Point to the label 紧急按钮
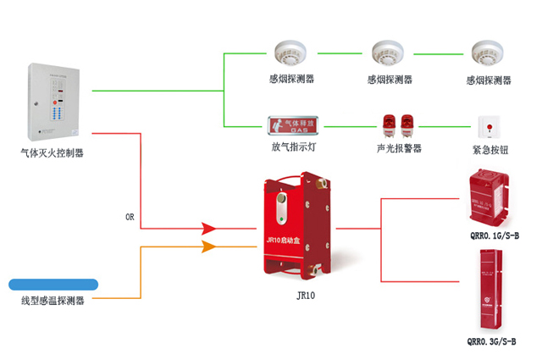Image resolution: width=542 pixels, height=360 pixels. pos(489,148)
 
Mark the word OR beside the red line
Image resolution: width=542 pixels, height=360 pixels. pos(130,218)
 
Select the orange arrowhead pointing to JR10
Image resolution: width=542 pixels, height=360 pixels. pos(209,246)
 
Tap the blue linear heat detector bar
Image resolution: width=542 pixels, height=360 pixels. pos(53,285)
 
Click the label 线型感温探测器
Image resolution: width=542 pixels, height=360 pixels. pos(53,301)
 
